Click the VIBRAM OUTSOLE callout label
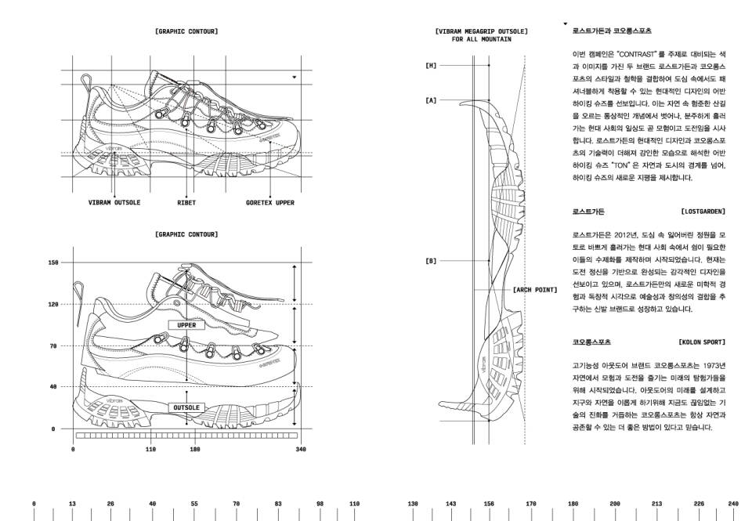114,203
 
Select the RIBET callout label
186,203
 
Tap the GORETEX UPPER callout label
270,203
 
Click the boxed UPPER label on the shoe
186,324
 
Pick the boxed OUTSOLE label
186,407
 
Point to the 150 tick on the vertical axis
53,262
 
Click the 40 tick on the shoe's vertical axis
53,387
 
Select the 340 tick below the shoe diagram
301,450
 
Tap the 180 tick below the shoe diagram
195,450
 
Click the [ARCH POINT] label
535,290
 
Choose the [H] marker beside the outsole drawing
431,66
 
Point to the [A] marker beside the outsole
431,100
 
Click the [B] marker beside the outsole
431,260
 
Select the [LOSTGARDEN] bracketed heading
703,212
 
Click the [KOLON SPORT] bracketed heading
702,342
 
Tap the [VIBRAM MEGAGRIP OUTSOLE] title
481,31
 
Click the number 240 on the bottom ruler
733,504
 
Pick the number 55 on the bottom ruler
194,504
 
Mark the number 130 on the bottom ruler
413,504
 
